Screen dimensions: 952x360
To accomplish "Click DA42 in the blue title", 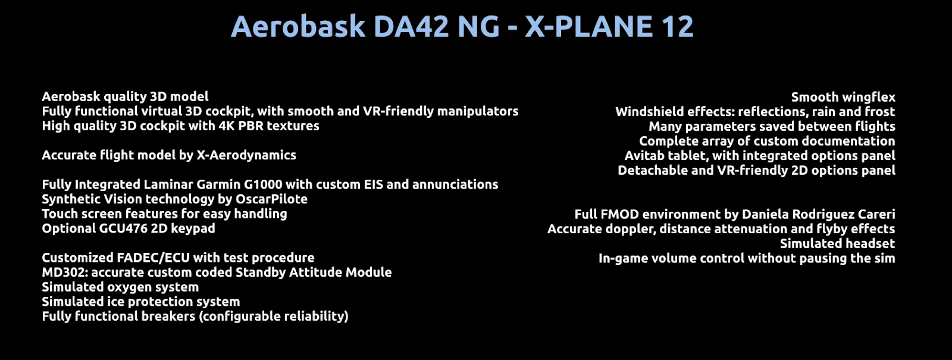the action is click(411, 26).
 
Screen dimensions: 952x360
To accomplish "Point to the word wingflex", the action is click(869, 98).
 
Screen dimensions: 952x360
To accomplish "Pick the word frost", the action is click(880, 112).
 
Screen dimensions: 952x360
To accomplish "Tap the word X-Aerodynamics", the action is click(246, 155).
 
